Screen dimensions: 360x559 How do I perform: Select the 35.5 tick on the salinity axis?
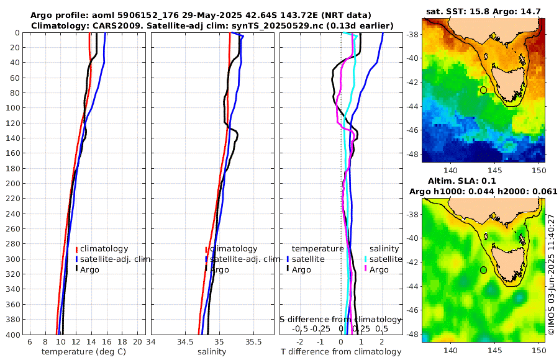click(253, 341)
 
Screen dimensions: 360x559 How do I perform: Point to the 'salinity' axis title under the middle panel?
click(211, 352)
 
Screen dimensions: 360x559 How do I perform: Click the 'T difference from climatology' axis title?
click(341, 352)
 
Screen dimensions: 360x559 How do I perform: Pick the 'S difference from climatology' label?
click(341, 318)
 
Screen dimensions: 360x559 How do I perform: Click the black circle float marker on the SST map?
click(483, 90)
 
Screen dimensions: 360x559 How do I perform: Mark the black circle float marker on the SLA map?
click(483, 270)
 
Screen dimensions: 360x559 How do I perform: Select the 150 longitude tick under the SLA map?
click(539, 351)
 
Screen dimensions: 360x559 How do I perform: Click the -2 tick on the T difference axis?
click(301, 341)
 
